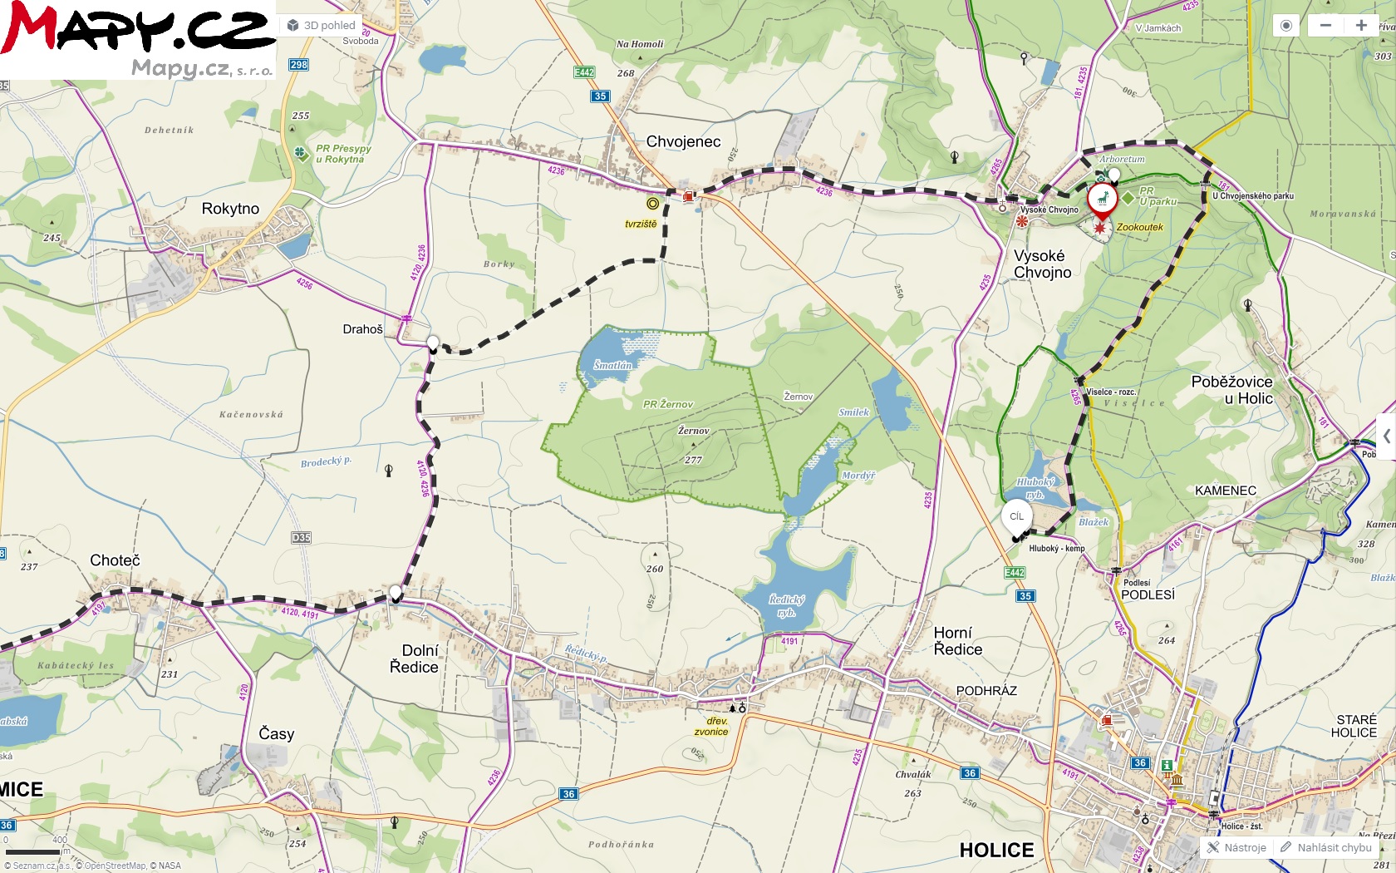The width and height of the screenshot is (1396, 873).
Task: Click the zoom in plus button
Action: pos(1361,26)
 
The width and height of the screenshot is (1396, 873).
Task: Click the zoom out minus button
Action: pos(1325,26)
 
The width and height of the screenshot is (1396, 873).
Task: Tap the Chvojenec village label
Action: pos(683,141)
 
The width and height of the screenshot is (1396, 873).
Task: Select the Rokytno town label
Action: pos(230,209)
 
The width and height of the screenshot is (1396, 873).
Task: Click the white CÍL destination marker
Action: pos(1016,517)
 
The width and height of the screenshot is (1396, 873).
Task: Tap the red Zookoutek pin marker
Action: pos(1102,200)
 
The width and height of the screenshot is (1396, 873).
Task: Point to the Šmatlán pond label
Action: pos(612,365)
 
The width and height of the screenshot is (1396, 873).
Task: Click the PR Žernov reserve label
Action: pos(667,404)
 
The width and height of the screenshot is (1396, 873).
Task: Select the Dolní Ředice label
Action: pos(414,658)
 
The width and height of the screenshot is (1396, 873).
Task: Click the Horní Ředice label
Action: pos(957,641)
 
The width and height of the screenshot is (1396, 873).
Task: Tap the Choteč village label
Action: pos(115,560)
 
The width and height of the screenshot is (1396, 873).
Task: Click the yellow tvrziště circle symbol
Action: pos(653,204)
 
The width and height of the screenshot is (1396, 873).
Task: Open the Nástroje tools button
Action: pos(1236,847)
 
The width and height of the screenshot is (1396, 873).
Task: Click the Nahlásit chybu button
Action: pos(1326,847)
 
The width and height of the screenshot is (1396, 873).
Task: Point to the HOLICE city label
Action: pos(996,850)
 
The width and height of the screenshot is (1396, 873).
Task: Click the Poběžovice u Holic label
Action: pos(1231,390)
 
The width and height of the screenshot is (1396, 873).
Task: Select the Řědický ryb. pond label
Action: pos(786,605)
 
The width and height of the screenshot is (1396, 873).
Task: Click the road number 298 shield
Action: pos(299,65)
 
